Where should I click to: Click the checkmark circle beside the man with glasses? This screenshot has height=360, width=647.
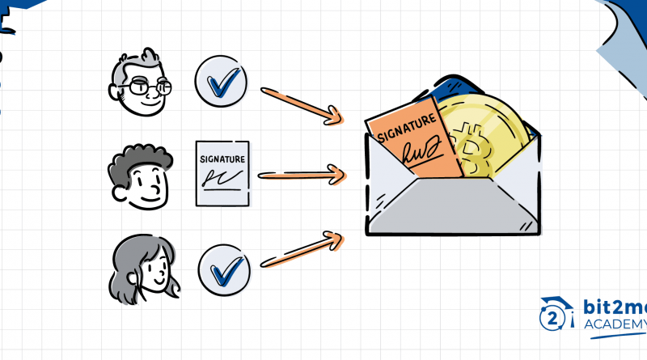(221, 83)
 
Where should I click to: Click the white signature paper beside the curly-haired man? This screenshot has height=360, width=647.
(222, 174)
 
